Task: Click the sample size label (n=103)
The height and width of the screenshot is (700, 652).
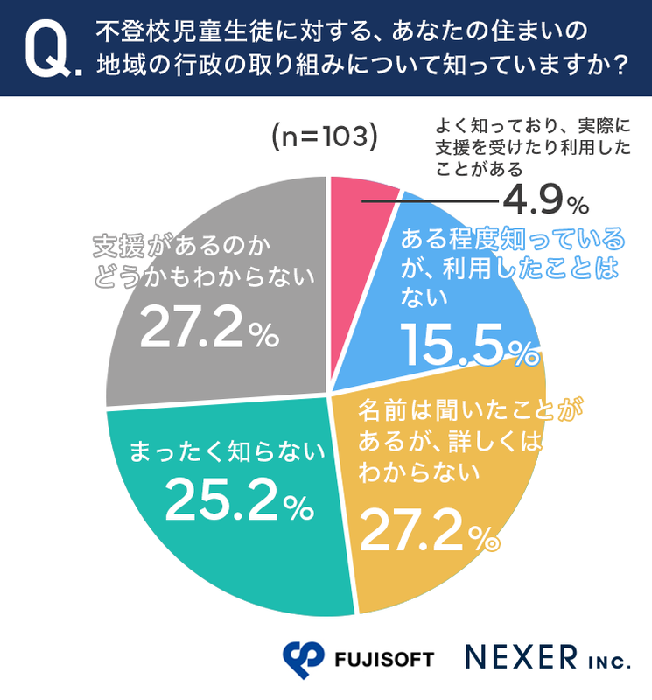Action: click(323, 137)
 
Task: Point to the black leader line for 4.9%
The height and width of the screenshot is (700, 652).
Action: click(429, 202)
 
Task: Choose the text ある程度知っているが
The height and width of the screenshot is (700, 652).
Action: click(512, 238)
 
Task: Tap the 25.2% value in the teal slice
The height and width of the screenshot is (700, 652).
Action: click(237, 500)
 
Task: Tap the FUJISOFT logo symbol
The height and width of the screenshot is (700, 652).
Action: click(304, 655)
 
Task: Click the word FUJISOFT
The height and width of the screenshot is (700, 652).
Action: click(384, 658)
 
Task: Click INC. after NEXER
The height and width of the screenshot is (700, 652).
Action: click(607, 661)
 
